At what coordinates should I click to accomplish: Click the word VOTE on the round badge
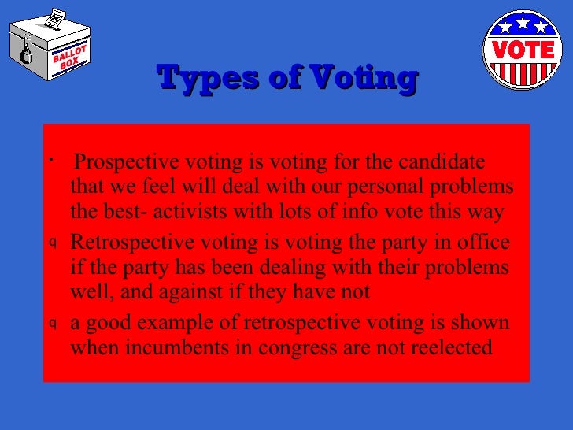(x=523, y=50)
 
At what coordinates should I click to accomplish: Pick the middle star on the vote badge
(x=523, y=24)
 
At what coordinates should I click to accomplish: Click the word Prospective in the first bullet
(x=126, y=162)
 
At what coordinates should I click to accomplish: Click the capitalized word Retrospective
(x=124, y=242)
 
